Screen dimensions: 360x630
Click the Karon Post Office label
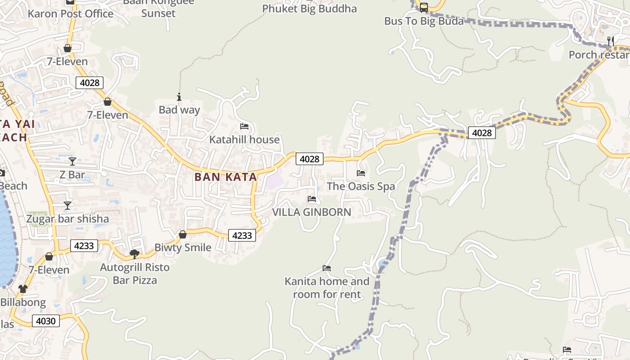[71, 14]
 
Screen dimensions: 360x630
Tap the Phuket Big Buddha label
[309, 9]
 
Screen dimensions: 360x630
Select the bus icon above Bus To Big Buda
[423, 8]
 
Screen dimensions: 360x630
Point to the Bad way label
[179, 110]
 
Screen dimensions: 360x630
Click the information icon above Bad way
[179, 97]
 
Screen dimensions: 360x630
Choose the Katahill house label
[244, 139]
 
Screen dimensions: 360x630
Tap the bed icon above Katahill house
[244, 126]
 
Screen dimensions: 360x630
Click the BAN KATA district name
[226, 177]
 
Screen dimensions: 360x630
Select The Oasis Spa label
[361, 186]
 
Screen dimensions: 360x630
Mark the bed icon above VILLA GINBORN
[312, 199]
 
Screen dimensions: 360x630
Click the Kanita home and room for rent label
[327, 288]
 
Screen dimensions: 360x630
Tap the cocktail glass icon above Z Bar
[72, 161]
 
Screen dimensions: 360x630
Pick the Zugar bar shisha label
[67, 219]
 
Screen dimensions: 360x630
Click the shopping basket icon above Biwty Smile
[183, 234]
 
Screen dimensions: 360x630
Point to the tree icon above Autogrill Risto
[134, 254]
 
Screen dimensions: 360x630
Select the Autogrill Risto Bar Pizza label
[135, 274]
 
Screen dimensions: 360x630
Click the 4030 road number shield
[46, 321]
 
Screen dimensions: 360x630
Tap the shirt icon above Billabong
[23, 288]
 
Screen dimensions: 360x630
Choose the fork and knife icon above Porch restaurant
[611, 41]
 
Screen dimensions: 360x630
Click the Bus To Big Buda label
[423, 21]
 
